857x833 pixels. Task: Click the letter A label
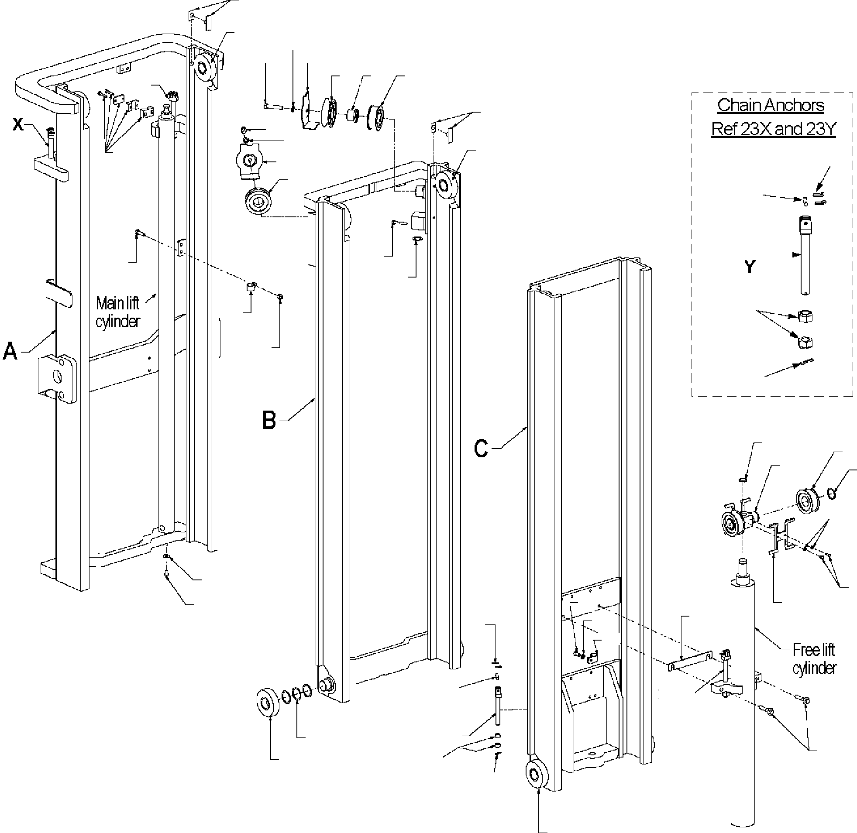click(x=10, y=351)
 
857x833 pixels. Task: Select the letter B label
click(x=269, y=420)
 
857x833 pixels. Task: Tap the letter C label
click(x=481, y=449)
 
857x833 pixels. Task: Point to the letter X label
click(x=18, y=125)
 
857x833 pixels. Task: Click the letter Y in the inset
click(x=750, y=266)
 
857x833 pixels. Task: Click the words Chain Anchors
click(x=771, y=105)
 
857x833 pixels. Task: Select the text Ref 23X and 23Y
click(x=774, y=129)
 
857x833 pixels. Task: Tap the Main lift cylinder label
click(x=117, y=312)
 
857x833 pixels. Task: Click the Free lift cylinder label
click(x=814, y=659)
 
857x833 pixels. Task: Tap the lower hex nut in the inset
click(x=805, y=342)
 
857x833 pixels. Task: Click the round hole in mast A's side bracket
click(x=56, y=375)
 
